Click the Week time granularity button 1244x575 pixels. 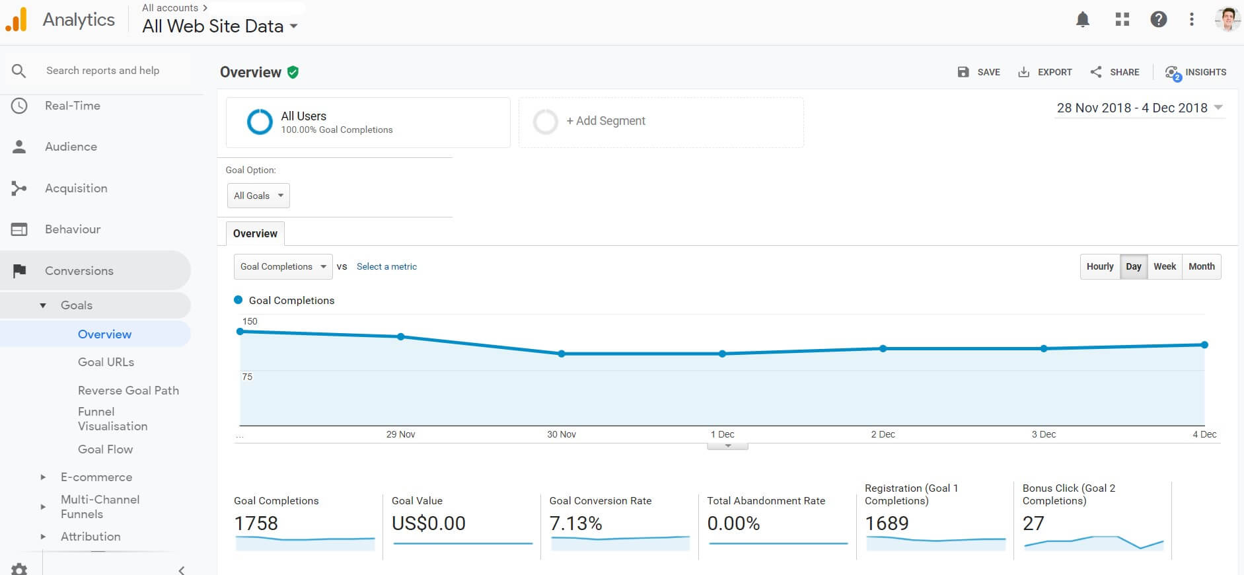point(1164,266)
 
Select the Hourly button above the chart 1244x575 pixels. point(1099,266)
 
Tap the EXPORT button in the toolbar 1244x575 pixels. point(1045,72)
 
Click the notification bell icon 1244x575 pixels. point(1082,20)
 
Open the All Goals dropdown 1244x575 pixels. point(258,196)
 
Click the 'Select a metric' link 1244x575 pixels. point(386,266)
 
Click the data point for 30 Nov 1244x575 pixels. point(562,354)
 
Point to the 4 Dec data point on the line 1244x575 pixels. point(1204,345)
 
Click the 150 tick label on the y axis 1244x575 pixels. point(250,321)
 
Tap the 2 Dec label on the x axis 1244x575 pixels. point(883,434)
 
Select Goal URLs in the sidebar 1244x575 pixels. point(106,362)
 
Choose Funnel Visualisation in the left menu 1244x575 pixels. point(112,419)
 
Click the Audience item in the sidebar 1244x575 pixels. point(71,147)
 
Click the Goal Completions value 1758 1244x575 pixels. point(256,523)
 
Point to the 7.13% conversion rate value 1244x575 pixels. point(575,523)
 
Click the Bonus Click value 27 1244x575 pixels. point(1033,523)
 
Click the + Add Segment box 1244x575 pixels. point(661,122)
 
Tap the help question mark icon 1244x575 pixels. point(1158,20)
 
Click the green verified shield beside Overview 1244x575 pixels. point(293,72)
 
